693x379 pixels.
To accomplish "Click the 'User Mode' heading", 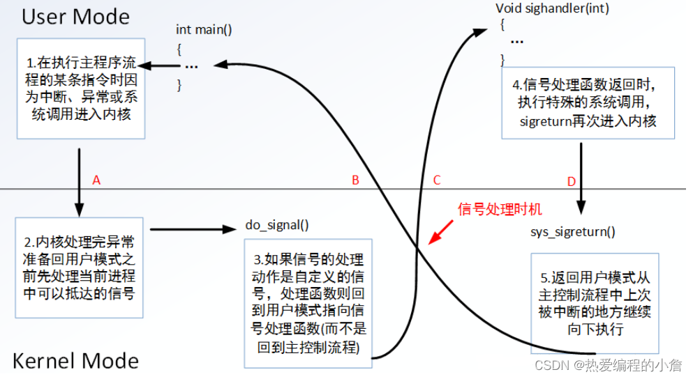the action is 75,16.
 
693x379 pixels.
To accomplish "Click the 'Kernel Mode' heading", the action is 75,360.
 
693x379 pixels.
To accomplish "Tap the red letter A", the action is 96,180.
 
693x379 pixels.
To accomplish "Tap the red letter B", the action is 355,180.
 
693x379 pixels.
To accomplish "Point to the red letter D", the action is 571,182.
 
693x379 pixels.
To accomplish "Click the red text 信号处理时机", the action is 500,208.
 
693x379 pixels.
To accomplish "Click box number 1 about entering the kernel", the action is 82,88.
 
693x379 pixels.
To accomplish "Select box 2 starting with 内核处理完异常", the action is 81,268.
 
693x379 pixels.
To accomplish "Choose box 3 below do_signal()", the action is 308,303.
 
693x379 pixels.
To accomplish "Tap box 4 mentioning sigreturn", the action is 587,102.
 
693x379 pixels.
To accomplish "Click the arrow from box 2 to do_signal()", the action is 195,229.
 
